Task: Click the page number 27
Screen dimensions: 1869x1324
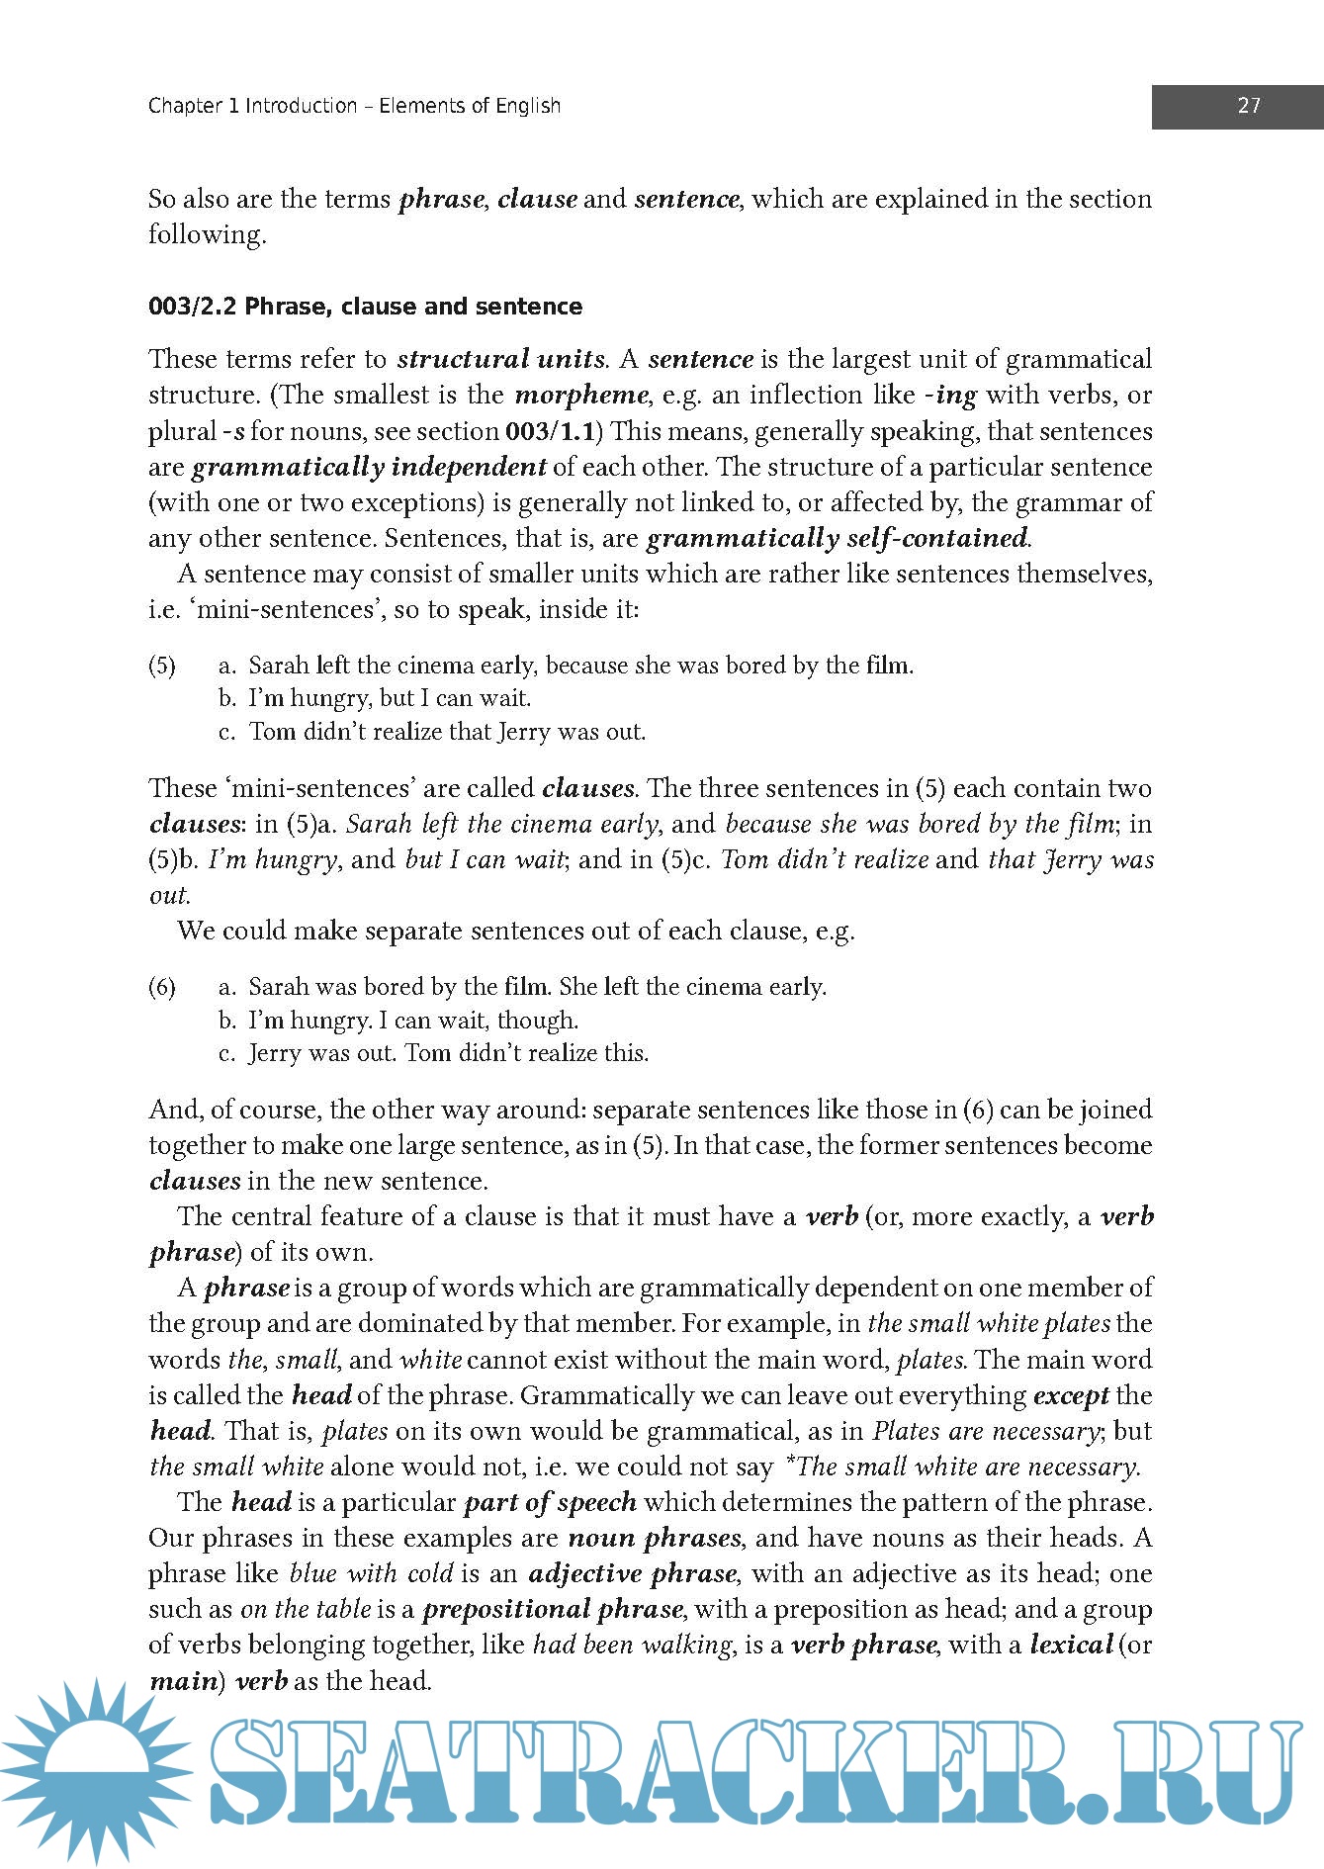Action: (1248, 106)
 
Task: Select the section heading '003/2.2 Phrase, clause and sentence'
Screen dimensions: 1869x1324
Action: (365, 307)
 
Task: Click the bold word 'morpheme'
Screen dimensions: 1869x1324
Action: (581, 396)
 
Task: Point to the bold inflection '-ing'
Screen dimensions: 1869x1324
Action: (950, 396)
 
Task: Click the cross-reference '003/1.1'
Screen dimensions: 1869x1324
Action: (549, 431)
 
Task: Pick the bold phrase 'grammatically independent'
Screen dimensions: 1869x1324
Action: (369, 467)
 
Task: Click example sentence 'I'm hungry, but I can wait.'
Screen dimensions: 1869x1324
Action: (390, 698)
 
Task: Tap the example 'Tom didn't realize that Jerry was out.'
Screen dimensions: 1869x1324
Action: (447, 732)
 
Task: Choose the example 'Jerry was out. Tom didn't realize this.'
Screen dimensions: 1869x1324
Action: (448, 1053)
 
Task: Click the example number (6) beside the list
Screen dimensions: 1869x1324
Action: (162, 987)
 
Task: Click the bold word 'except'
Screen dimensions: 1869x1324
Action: (1071, 1395)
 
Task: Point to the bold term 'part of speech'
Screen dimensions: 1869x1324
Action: (550, 1502)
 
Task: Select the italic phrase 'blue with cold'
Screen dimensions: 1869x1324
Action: (371, 1573)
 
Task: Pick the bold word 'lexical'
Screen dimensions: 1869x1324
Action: (1071, 1645)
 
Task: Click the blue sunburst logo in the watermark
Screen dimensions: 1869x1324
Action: (94, 1772)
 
